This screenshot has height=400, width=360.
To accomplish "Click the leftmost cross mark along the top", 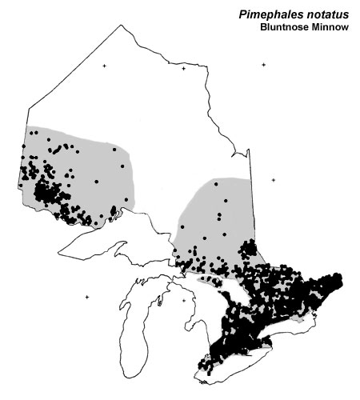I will click(x=103, y=66).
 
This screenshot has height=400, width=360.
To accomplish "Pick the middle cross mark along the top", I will click(x=183, y=69).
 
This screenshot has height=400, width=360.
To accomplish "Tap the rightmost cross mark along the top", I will click(x=263, y=65).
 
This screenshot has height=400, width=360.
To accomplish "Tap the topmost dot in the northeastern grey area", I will click(x=216, y=183).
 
